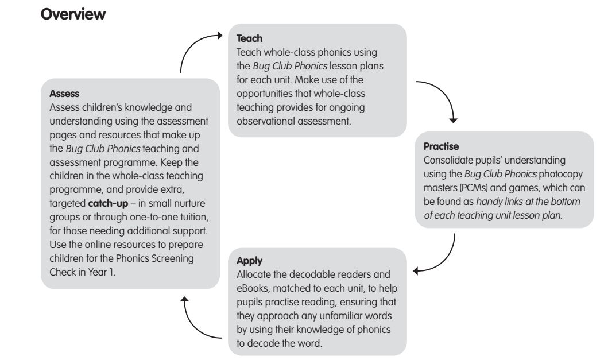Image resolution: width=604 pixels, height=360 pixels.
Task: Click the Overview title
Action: coord(73,14)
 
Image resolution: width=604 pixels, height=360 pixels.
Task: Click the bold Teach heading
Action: coord(249,38)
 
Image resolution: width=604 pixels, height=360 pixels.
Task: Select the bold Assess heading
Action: coord(64,94)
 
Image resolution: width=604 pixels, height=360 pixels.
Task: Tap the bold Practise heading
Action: coord(441,146)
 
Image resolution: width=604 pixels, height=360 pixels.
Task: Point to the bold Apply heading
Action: coord(249,261)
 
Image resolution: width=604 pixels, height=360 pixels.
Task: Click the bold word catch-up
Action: coord(108,203)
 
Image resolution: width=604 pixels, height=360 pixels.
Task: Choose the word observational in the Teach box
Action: coord(265,121)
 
